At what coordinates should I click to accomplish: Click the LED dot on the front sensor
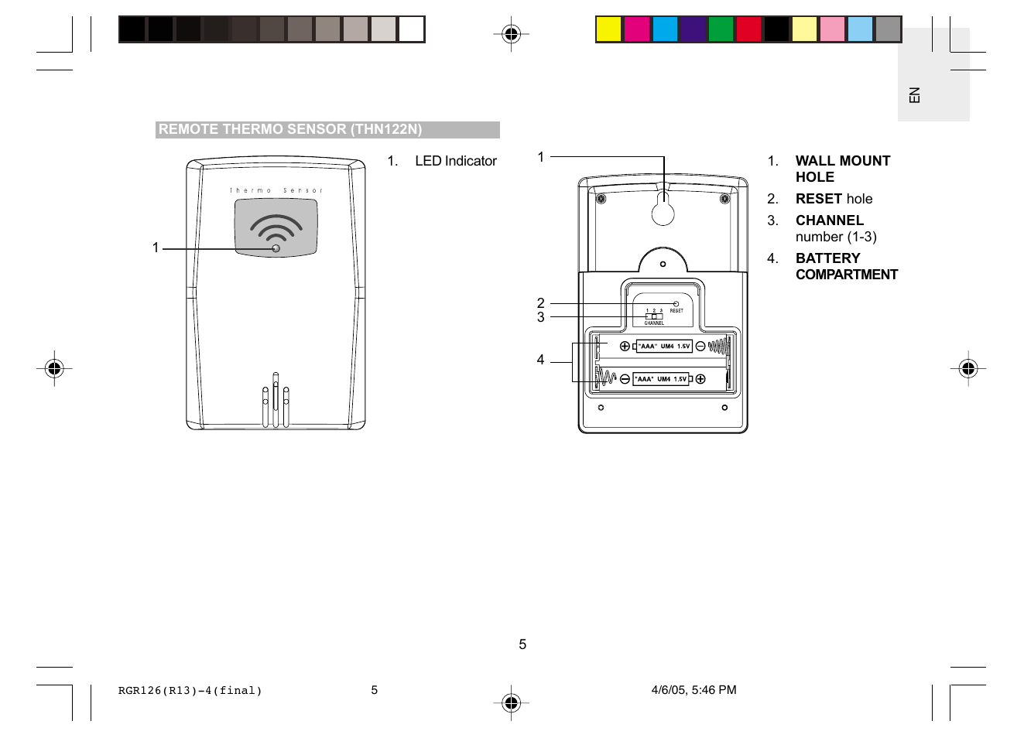[276, 248]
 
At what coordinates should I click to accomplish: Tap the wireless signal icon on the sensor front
[276, 227]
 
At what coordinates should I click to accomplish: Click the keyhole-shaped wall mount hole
[663, 210]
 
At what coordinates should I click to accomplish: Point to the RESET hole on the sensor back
[676, 304]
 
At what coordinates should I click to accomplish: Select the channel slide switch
[655, 316]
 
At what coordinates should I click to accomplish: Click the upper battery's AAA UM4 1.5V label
[664, 347]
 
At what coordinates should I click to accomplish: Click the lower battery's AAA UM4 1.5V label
[661, 379]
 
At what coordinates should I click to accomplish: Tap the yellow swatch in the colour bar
[608, 29]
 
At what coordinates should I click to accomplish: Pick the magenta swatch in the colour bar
[636, 29]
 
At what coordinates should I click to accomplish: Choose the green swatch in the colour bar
[721, 29]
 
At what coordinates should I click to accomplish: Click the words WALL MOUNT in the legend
[843, 161]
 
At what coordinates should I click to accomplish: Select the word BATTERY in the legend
[827, 258]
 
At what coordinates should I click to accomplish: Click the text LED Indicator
[455, 161]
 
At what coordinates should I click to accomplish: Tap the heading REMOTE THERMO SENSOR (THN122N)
[290, 129]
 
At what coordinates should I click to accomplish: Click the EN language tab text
[915, 95]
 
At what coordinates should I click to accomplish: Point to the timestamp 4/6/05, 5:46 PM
[694, 690]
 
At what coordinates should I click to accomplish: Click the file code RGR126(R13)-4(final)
[190, 691]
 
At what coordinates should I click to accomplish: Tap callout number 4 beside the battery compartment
[540, 360]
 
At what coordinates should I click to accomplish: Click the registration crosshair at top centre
[511, 34]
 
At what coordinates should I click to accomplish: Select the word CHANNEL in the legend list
[829, 220]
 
